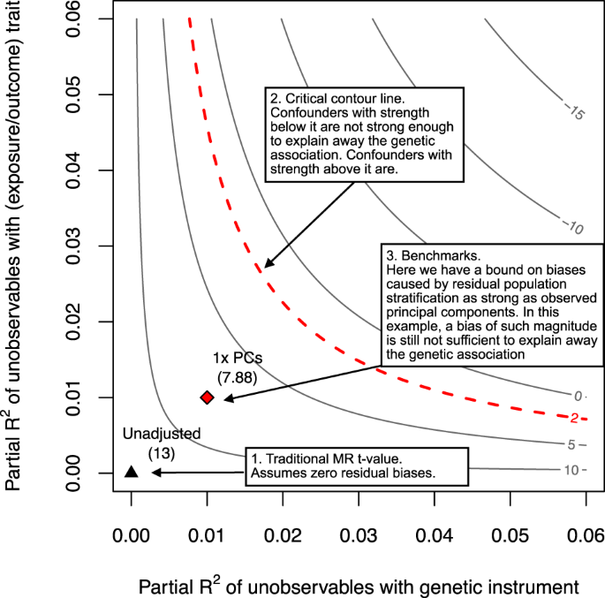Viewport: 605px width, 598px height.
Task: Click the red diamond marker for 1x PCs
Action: point(207,397)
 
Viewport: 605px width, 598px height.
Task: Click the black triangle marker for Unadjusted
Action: point(131,472)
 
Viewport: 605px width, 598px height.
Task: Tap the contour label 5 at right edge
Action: point(574,443)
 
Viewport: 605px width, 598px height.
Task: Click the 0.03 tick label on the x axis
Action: point(359,535)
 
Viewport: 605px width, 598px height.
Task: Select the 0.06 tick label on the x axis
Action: point(586,535)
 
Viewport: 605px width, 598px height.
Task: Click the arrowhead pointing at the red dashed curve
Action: point(268,263)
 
